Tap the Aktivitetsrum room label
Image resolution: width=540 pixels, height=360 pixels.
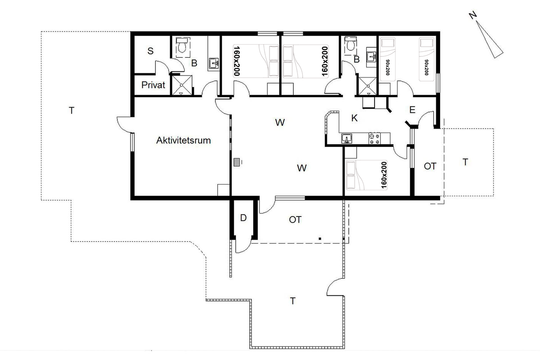coord(183,140)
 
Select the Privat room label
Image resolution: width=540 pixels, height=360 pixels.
coord(153,85)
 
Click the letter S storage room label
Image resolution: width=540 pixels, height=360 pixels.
coord(151,51)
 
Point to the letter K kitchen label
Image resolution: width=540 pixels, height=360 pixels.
coord(354,118)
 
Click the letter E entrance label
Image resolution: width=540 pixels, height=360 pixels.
coord(412,110)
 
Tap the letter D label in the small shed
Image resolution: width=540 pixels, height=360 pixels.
coord(243,218)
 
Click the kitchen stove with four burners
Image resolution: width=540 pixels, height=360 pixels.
coord(375,138)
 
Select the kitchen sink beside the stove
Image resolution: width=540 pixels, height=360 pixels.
coord(347,139)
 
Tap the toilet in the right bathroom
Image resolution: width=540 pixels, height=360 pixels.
coord(350,44)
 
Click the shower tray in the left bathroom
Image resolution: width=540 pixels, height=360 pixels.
coord(182,85)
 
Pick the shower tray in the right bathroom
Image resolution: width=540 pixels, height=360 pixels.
coord(368,86)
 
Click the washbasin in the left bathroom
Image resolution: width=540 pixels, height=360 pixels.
coord(214,63)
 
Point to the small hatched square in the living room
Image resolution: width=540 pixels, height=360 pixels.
coord(237,162)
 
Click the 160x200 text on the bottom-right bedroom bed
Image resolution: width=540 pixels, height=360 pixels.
coord(384,175)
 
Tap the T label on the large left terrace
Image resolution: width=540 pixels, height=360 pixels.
coord(71,111)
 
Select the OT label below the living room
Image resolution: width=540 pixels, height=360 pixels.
coord(295,220)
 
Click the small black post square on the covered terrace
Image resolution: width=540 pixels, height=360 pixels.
coord(320,239)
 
